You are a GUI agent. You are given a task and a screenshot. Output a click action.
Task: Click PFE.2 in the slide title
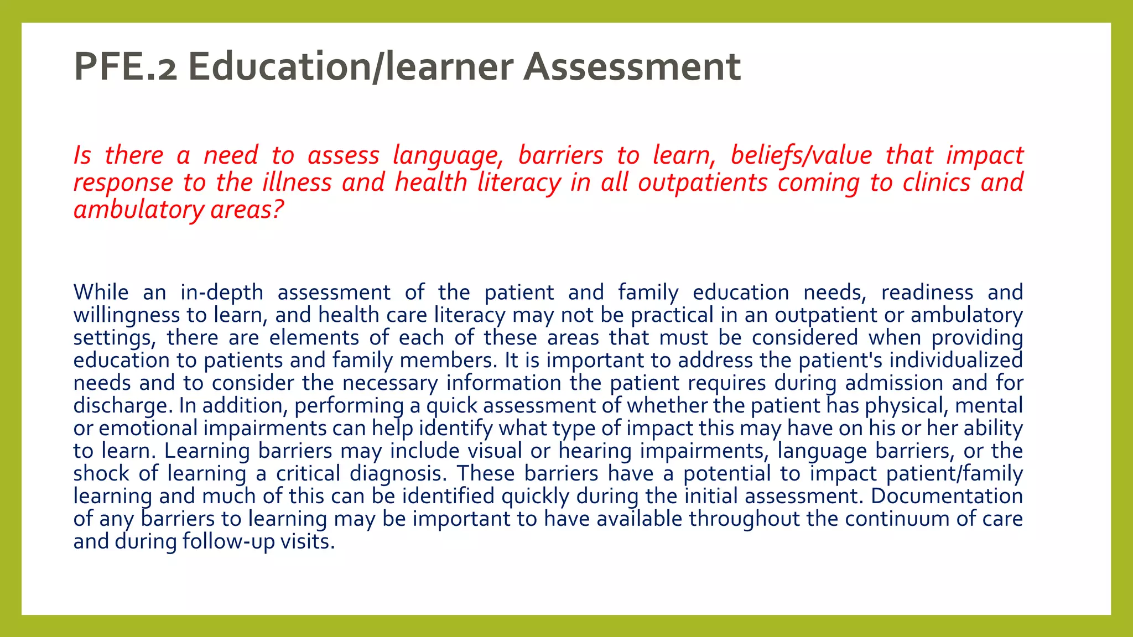[x=126, y=66]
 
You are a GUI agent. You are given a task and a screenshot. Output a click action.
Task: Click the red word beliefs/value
[x=801, y=155]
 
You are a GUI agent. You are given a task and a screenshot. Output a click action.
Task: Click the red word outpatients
[x=703, y=182]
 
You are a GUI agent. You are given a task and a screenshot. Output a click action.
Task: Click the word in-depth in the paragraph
[x=222, y=293]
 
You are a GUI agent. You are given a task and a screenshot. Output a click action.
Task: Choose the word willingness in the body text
[x=127, y=315]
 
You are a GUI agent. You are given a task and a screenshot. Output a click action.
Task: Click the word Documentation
[x=947, y=497]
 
